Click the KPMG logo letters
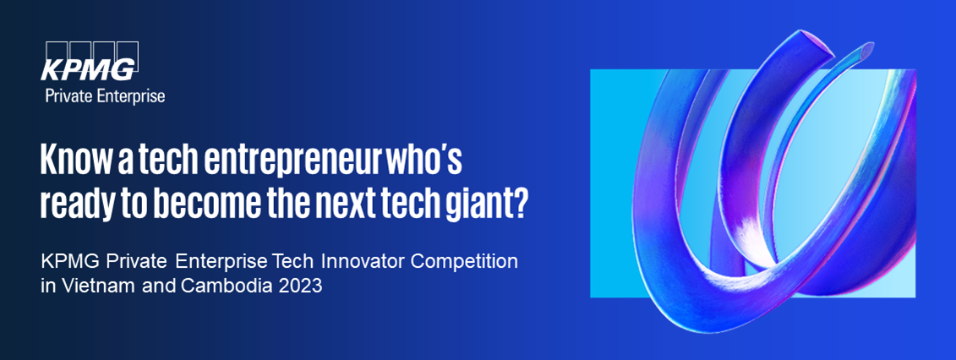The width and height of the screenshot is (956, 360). [x=88, y=70]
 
